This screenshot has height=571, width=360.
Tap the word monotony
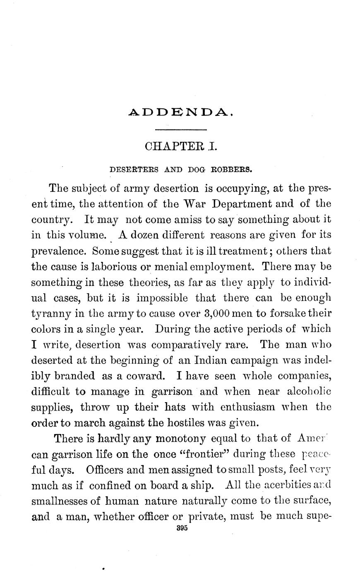[180, 438]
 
